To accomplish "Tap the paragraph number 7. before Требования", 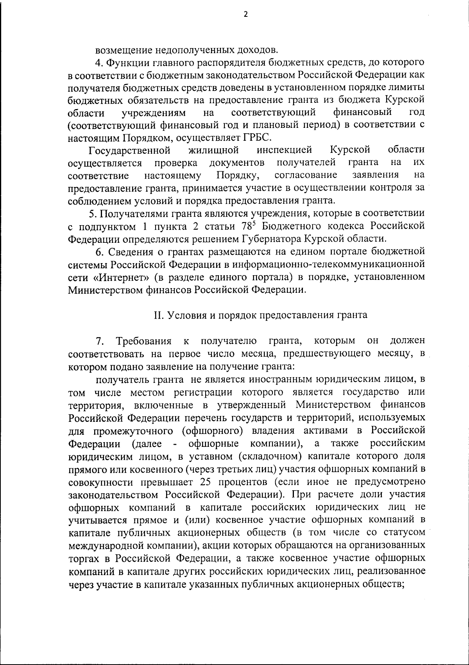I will pyautogui.click(x=100, y=341).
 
